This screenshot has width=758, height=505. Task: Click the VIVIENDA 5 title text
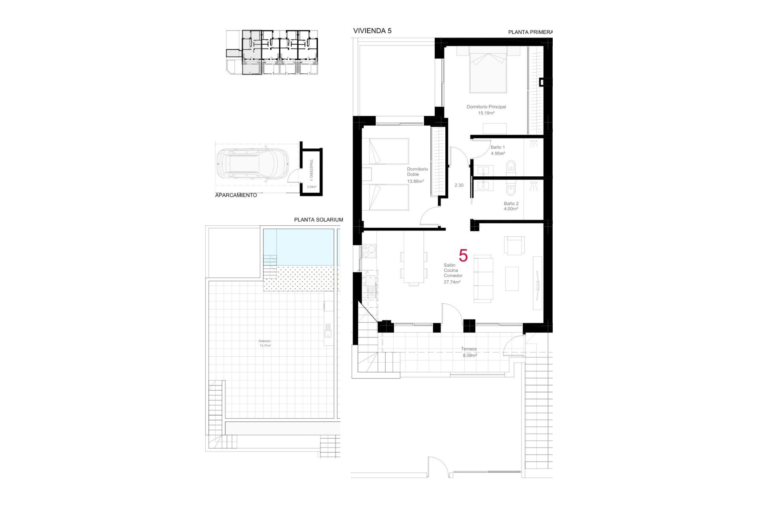pyautogui.click(x=372, y=31)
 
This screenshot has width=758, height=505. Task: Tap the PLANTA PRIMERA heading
pyautogui.click(x=530, y=32)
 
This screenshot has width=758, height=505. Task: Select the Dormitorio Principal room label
pyautogui.click(x=486, y=107)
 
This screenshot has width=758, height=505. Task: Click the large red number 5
pyautogui.click(x=463, y=256)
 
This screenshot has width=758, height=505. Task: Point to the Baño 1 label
pyautogui.click(x=497, y=148)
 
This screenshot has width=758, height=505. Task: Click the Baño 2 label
pyautogui.click(x=511, y=204)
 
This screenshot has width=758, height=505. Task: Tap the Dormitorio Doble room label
pyautogui.click(x=417, y=172)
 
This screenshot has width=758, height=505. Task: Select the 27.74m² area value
pyautogui.click(x=452, y=282)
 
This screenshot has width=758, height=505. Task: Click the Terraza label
pyautogui.click(x=469, y=349)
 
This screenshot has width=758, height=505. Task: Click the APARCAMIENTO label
pyautogui.click(x=236, y=195)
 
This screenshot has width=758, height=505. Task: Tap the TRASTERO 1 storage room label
pyautogui.click(x=311, y=170)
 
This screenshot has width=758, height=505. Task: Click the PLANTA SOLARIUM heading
pyautogui.click(x=318, y=220)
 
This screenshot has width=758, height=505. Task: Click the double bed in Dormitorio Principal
pyautogui.click(x=488, y=71)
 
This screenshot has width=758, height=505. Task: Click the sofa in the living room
pyautogui.click(x=483, y=279)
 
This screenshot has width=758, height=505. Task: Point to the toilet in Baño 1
pyautogui.click(x=511, y=167)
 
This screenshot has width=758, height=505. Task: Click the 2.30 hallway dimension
pyautogui.click(x=459, y=185)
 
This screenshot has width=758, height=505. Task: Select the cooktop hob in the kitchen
pyautogui.click(x=369, y=250)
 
